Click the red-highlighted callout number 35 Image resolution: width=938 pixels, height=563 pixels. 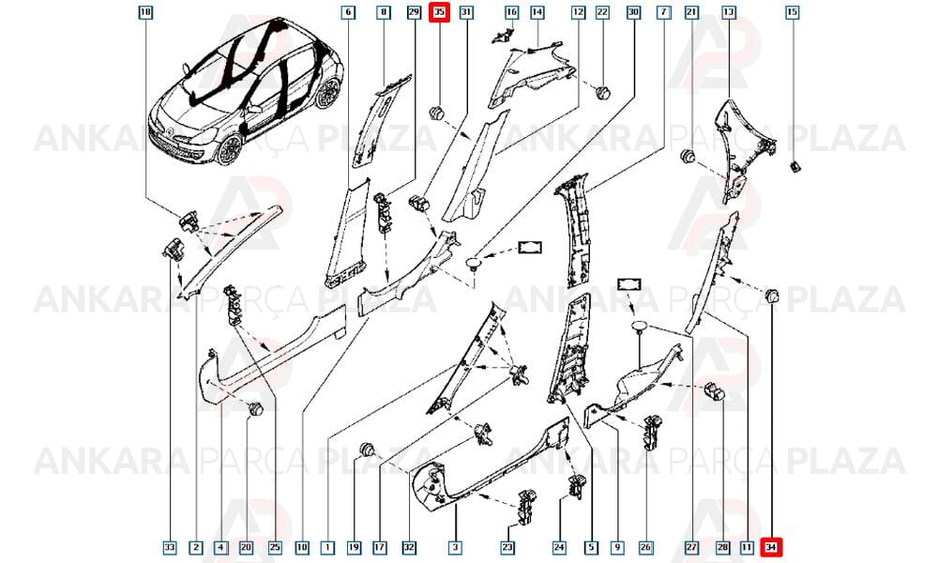(440, 12)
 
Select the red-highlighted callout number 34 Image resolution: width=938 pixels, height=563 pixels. (771, 547)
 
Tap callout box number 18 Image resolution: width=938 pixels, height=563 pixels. (145, 12)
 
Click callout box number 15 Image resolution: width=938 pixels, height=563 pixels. (792, 12)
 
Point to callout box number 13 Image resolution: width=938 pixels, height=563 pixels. (729, 12)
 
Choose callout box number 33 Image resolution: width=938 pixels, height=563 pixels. (170, 547)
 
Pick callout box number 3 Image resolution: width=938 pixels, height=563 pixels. (455, 547)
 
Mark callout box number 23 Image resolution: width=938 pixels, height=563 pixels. (507, 547)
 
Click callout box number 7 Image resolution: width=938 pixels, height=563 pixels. (663, 12)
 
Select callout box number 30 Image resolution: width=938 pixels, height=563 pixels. (633, 12)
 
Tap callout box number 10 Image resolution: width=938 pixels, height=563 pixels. (301, 547)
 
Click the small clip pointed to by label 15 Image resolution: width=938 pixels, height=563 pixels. (795, 166)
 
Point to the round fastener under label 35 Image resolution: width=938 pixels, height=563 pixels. (438, 114)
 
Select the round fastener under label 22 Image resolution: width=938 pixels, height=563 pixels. (602, 93)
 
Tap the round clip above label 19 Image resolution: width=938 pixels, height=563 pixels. (366, 449)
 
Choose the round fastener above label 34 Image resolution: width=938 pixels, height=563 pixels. (772, 295)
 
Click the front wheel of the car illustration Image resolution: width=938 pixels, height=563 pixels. (230, 149)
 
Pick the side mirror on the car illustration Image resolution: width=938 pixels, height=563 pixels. (255, 109)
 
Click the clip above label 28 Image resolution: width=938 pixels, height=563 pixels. (714, 390)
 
